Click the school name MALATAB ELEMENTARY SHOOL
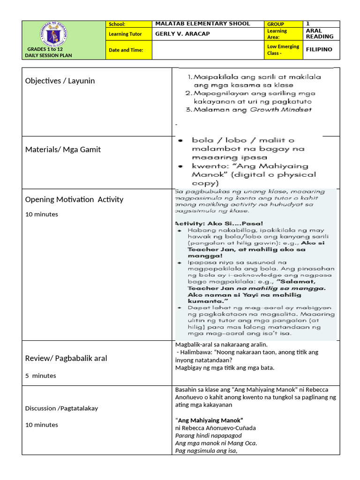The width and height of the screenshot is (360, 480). pos(202,24)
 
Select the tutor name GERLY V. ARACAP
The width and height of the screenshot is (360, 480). pos(183,34)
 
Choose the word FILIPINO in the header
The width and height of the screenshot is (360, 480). pos(319,49)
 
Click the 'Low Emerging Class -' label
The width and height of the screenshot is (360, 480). pos(283,50)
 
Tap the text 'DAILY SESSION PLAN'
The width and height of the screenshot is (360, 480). pos(48,55)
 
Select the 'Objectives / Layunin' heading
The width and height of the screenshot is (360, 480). pos(60,81)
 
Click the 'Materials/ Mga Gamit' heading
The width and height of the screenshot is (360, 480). pos(63,150)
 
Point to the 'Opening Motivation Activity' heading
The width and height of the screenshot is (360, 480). pos(74,199)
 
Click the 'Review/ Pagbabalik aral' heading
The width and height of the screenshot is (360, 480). pos(66,358)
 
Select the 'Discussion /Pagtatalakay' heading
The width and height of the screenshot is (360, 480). pos(61,408)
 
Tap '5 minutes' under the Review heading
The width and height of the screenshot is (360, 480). pos(40,375)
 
